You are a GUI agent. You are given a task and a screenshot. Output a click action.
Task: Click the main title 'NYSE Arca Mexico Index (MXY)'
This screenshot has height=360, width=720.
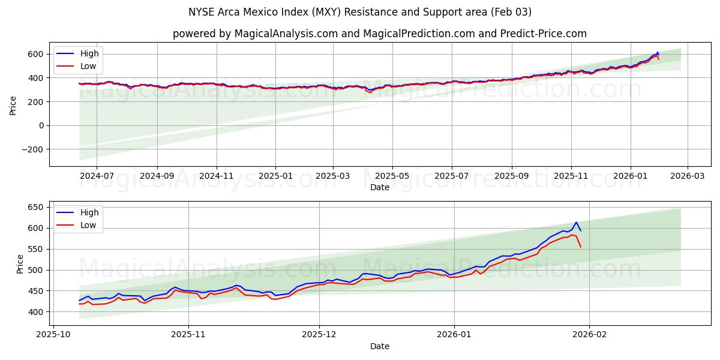360,12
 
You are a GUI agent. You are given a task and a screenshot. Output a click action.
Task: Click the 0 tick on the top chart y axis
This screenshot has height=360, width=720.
41,125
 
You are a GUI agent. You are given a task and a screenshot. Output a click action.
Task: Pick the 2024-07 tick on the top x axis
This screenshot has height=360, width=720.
97,176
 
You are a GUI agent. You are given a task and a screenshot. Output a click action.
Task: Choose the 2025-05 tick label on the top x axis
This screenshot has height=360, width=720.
392,176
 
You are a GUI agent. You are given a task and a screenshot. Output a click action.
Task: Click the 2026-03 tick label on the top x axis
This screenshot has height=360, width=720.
687,176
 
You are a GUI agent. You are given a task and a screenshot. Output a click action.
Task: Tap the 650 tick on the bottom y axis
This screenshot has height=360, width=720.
36,207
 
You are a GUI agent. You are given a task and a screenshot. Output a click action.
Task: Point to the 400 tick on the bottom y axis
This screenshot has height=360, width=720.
36,312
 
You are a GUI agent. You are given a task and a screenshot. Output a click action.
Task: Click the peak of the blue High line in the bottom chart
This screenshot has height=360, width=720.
576,222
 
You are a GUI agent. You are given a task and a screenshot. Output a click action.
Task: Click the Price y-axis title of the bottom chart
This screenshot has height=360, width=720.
20,264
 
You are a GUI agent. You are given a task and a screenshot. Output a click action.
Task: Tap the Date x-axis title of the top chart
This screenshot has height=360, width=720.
379,187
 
